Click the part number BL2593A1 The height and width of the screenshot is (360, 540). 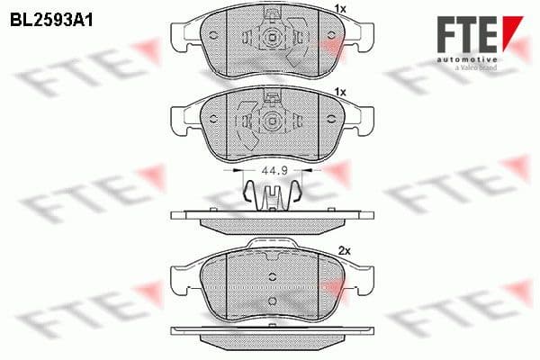tap(52, 17)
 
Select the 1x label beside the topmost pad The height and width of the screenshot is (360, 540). tap(339, 9)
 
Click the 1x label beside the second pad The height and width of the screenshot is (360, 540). tap(339, 92)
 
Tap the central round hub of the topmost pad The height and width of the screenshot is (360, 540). tap(269, 39)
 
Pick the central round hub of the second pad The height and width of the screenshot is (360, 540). tap(269, 121)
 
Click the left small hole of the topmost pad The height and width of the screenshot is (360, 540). tap(213, 38)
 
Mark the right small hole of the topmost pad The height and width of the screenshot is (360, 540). tap(325, 38)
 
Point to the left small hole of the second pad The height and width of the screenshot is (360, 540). tap(213, 121)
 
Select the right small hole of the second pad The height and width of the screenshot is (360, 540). tap(325, 121)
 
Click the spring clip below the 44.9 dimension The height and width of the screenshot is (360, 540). tap(269, 193)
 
